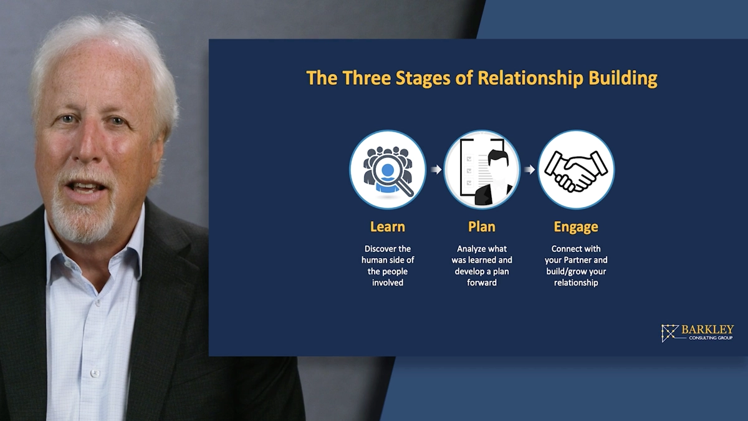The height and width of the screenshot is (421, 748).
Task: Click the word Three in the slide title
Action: click(367, 78)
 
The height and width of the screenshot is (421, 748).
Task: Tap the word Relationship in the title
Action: click(530, 79)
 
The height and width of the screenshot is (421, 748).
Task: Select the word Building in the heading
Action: click(623, 79)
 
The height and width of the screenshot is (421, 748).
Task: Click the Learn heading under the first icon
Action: click(387, 227)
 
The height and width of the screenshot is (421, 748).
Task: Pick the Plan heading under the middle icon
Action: click(481, 227)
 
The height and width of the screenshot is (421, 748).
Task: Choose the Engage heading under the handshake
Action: click(576, 228)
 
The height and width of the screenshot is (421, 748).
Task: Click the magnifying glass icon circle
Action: click(388, 170)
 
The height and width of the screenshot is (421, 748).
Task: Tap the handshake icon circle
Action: click(576, 170)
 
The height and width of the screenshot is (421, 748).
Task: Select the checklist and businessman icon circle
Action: click(482, 170)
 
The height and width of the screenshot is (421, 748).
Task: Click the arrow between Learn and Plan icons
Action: click(436, 170)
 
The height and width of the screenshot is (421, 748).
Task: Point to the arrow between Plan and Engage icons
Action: click(530, 170)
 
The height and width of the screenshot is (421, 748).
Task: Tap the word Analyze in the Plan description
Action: click(470, 249)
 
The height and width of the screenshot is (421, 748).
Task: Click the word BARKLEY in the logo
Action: click(707, 330)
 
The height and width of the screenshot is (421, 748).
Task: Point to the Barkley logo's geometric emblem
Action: click(669, 333)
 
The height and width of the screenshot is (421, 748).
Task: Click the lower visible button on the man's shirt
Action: click(95, 373)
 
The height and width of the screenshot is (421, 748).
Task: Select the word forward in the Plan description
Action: click(481, 283)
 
